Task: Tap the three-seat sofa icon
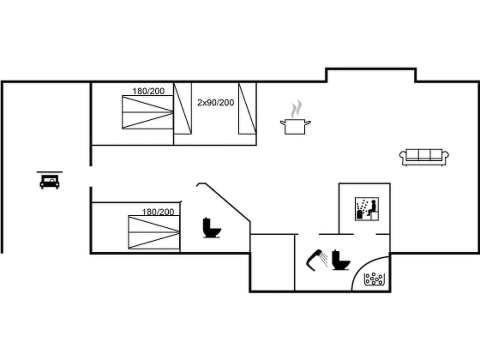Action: point(424,157)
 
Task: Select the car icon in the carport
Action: point(49,182)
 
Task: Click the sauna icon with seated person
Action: point(367,209)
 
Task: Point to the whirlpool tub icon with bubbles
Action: point(374,279)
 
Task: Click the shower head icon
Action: point(317,260)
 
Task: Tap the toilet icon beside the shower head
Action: point(341,260)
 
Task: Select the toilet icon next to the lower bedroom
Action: point(212,228)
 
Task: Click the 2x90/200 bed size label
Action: point(215,102)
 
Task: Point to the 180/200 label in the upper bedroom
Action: point(149,91)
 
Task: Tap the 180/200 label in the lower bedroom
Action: point(158,212)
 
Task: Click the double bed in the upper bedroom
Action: point(148,112)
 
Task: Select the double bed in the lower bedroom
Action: point(154,232)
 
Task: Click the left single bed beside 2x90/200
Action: point(183,108)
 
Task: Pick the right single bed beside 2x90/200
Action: point(247,108)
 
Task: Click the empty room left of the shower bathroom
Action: point(273,263)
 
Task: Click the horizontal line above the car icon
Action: point(49,172)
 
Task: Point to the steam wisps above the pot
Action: point(296,109)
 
